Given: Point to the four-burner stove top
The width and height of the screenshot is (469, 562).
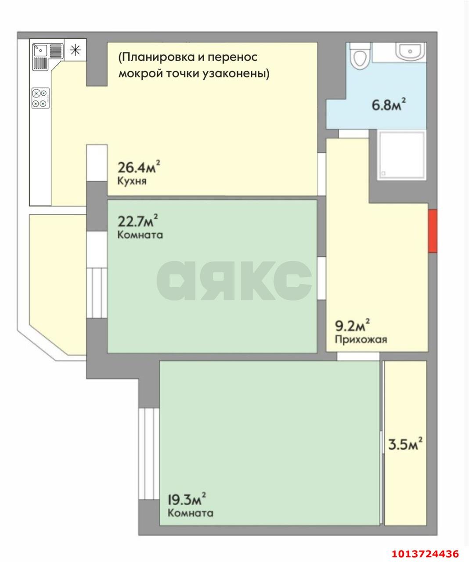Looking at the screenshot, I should tap(40, 98).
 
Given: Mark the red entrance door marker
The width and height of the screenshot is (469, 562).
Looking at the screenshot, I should tap(433, 231).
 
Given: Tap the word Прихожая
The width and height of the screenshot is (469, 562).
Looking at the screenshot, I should tap(361, 339).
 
